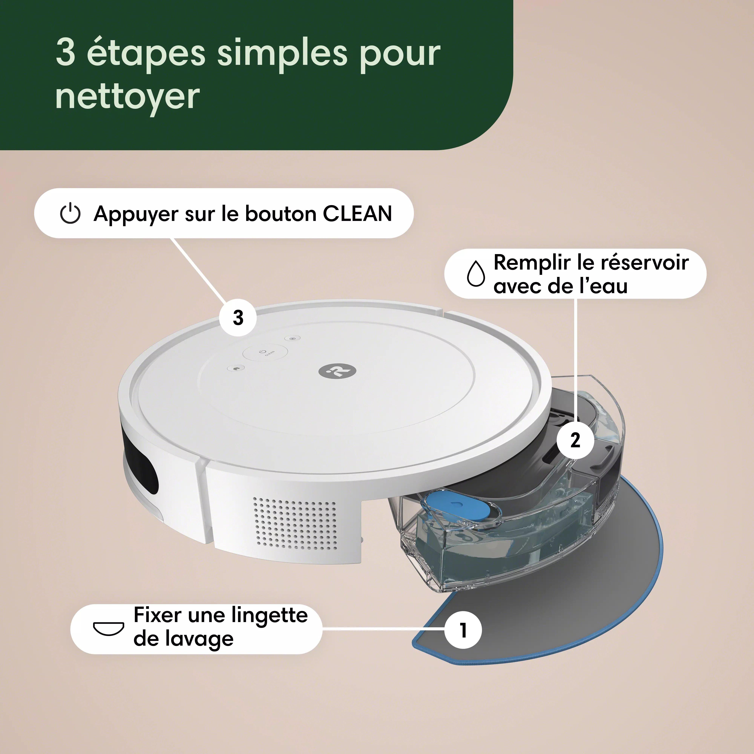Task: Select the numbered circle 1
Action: [x=463, y=630]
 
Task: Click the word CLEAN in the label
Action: [x=357, y=214]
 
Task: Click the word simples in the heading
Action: [x=282, y=53]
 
